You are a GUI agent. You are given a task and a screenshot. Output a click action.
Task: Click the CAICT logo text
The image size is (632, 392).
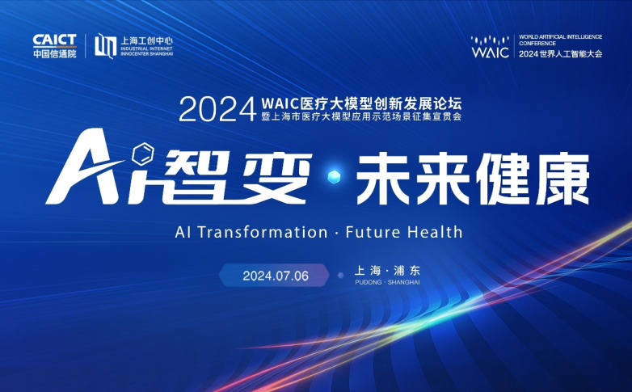pos(55,40)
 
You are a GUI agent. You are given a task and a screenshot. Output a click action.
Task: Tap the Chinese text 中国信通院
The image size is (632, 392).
pos(55,53)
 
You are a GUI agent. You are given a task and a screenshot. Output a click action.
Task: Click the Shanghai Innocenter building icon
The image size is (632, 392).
pos(105,46)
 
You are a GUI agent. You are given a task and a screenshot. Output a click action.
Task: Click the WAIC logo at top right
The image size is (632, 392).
pos(491,47)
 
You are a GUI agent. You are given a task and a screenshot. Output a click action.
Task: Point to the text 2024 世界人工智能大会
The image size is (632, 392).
pos(561,53)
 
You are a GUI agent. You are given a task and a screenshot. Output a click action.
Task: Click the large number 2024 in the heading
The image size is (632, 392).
pos(217,109)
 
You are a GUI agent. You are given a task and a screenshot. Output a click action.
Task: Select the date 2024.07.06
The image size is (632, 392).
pos(276,276)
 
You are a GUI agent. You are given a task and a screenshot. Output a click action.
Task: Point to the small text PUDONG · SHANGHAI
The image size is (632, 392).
pos(387,283)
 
